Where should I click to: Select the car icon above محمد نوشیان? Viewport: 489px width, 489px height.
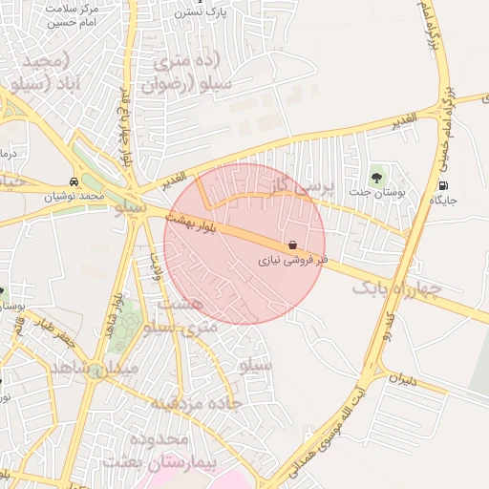[74, 181]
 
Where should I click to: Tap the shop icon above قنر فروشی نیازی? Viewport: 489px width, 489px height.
[291, 244]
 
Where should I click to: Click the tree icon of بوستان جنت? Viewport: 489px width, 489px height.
[376, 177]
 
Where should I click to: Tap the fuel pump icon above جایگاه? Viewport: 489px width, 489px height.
[442, 185]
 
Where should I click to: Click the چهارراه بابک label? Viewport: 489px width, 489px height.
[395, 287]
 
